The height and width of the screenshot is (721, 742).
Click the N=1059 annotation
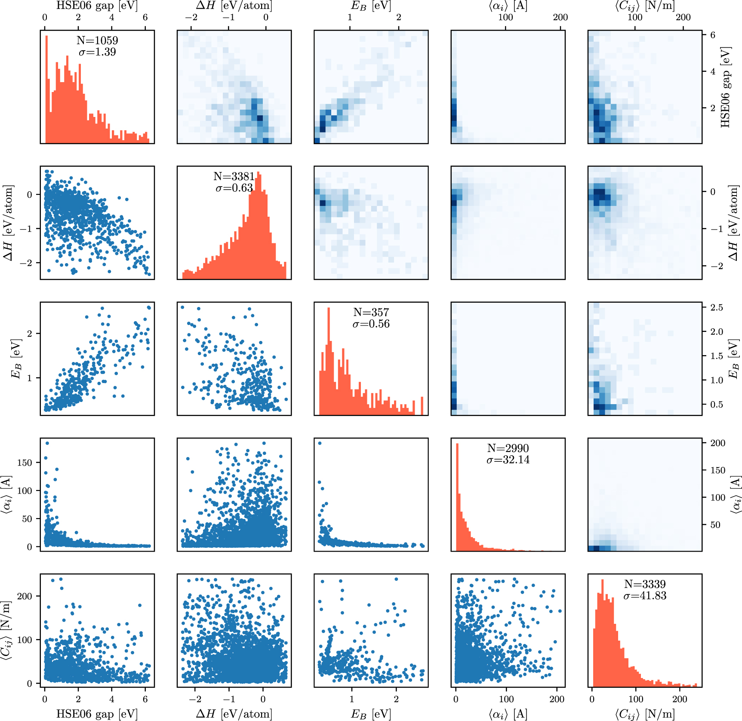tap(97, 40)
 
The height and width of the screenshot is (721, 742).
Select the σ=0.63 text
tap(234, 188)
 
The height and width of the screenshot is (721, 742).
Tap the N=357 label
tap(371, 313)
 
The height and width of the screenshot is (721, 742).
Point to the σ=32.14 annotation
tap(508, 460)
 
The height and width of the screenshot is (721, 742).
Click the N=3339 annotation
tap(645, 584)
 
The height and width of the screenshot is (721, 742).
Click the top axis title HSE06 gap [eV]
tap(97, 6)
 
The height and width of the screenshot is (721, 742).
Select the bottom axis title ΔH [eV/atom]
tap(234, 714)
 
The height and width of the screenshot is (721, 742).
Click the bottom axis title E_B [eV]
tap(371, 714)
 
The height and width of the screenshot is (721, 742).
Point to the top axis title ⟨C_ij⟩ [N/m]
tap(644, 6)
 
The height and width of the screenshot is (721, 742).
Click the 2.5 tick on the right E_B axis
tap(717, 308)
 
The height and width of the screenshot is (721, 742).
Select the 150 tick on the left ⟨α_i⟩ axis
tap(25, 463)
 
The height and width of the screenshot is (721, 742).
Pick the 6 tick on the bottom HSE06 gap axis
tap(145, 699)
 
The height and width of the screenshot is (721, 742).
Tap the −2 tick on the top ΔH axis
tap(191, 18)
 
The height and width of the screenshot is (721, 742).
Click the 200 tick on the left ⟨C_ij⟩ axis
tap(25, 596)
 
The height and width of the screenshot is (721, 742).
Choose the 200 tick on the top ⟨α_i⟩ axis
tap(560, 18)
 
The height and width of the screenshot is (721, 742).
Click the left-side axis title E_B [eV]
tap(16, 359)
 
